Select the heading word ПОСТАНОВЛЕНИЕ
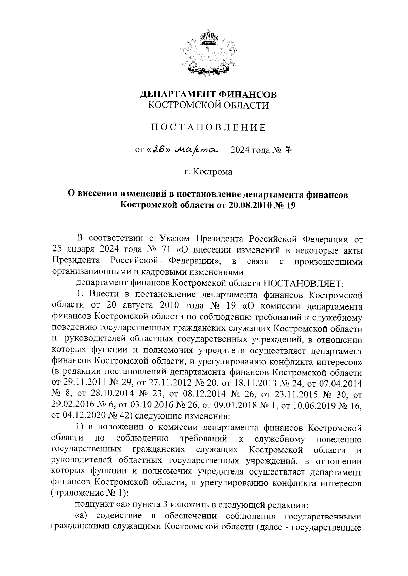208,128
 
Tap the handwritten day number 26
157,149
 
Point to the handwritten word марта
197,149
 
